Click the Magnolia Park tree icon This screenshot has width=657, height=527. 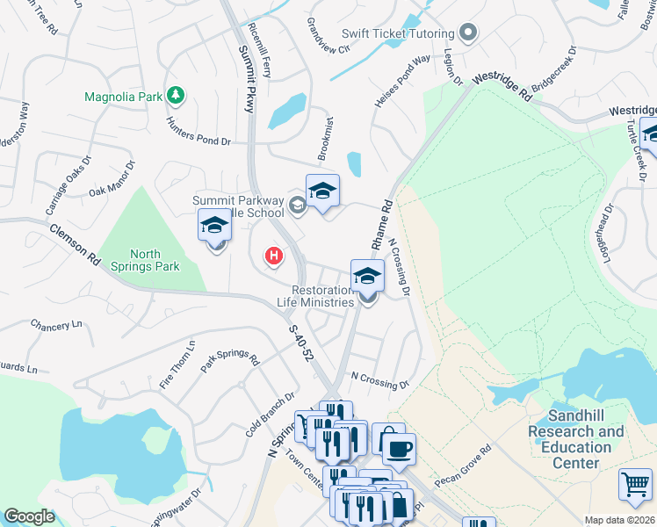click(x=176, y=95)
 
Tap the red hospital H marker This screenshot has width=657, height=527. click(x=274, y=256)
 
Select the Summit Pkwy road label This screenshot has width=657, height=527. click(x=247, y=76)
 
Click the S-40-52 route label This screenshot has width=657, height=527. click(x=301, y=343)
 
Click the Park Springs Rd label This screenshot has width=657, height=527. click(x=230, y=360)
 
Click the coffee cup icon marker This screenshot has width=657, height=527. click(x=399, y=449)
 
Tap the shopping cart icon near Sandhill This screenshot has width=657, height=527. click(x=635, y=484)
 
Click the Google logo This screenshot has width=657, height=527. click(x=29, y=516)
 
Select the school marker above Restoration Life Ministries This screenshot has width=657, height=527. click(x=367, y=276)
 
